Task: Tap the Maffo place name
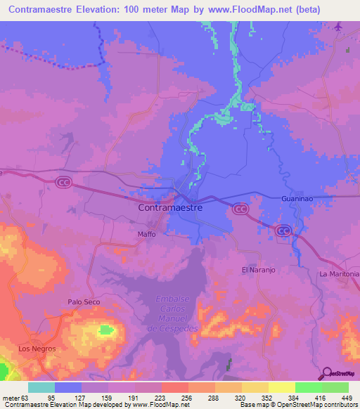146,234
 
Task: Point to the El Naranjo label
255,269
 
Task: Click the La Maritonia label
339,273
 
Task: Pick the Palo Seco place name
84,301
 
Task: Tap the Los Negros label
37,348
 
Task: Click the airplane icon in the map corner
340,27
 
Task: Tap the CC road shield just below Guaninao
283,230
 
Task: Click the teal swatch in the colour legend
41,387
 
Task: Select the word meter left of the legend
13,397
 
